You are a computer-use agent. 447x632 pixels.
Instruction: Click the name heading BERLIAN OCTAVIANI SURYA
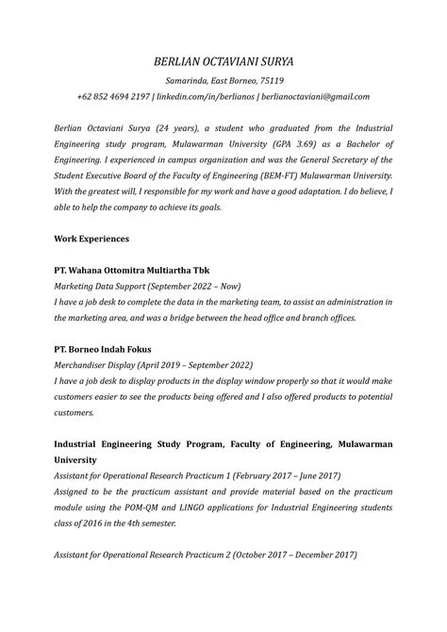click(x=223, y=61)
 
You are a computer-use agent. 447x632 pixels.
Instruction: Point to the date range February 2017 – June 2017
click(x=285, y=476)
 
